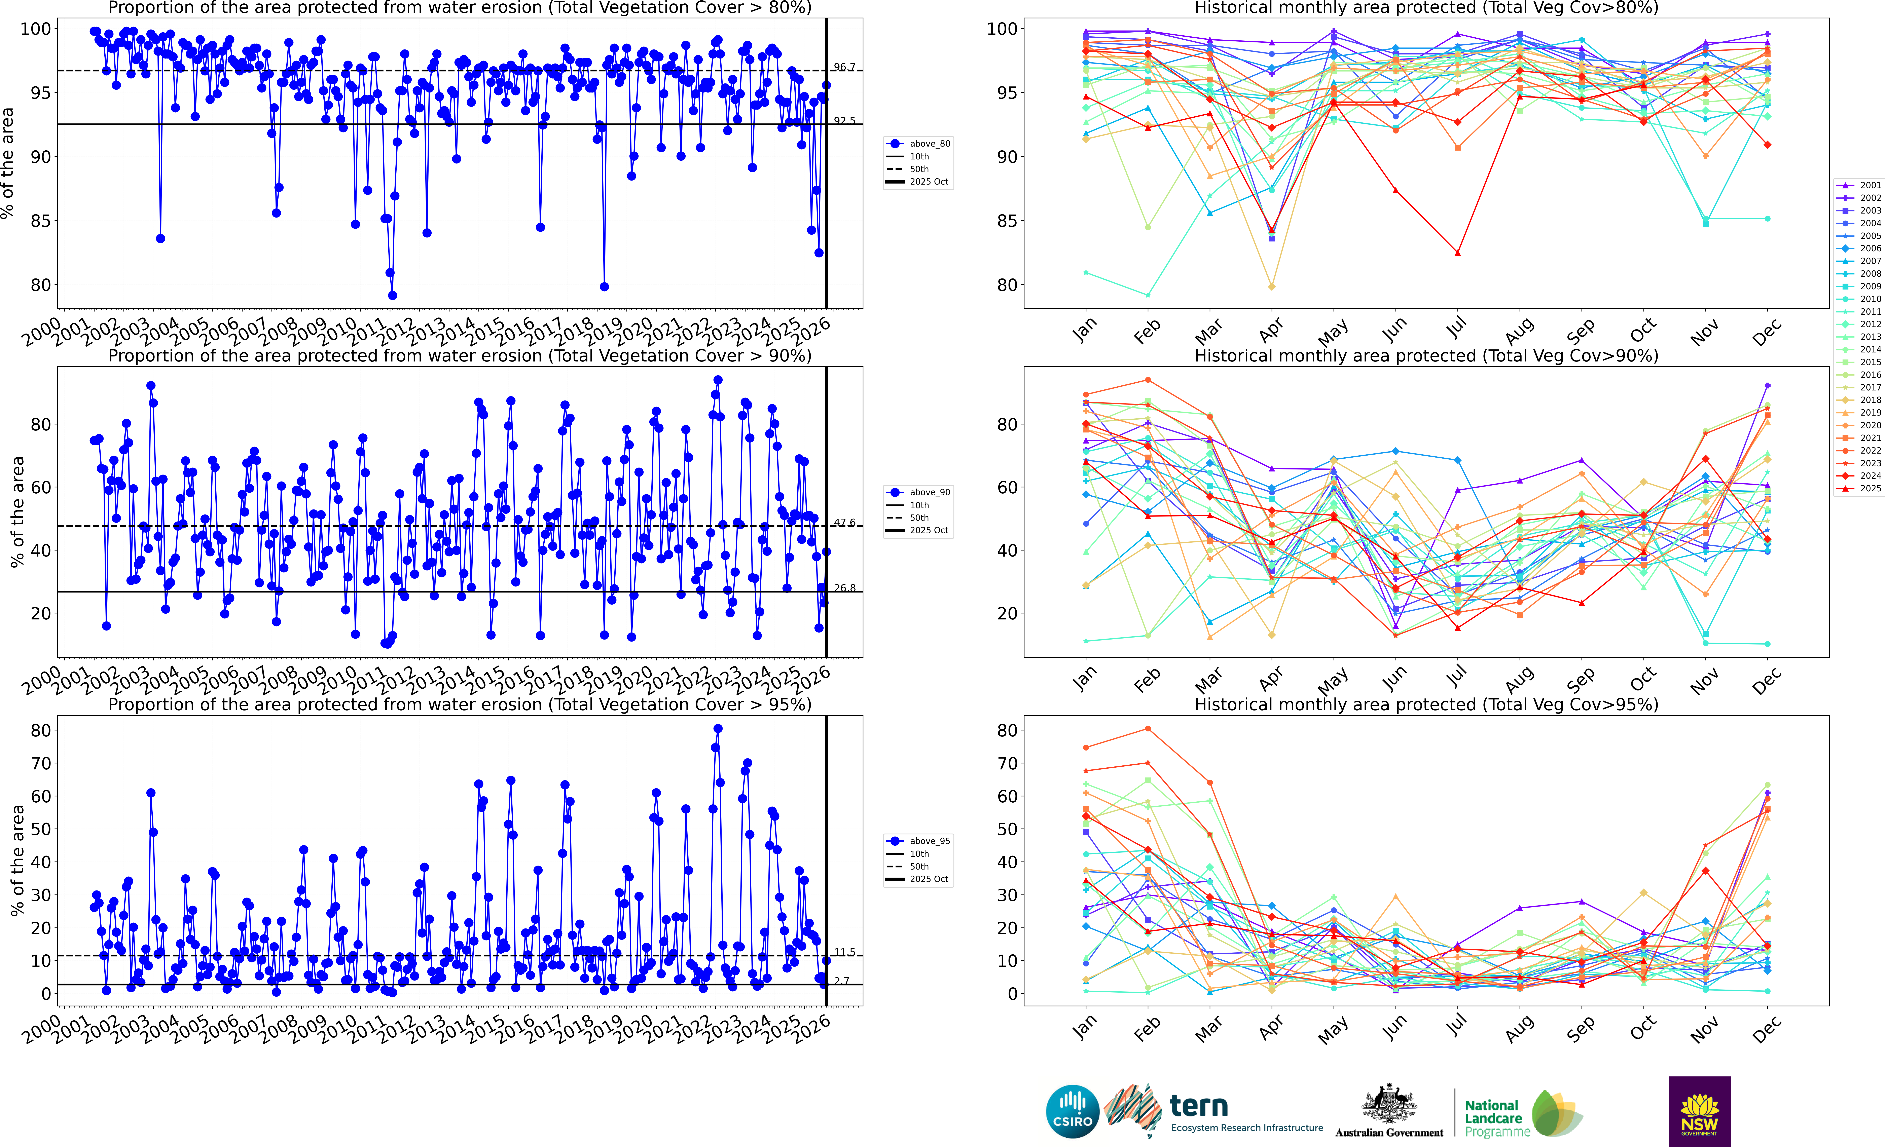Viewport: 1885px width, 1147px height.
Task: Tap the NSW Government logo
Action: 1699,1111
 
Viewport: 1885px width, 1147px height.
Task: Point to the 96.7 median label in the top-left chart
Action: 845,67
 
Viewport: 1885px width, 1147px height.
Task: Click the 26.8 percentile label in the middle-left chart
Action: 845,588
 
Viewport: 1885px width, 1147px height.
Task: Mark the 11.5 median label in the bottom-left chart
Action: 845,952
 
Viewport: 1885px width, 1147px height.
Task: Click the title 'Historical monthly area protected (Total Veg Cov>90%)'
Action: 1426,356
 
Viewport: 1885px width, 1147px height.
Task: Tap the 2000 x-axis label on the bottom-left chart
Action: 42,1028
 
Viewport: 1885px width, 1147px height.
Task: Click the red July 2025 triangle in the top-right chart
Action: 1457,252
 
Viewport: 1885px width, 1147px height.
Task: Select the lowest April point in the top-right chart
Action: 1271,287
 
